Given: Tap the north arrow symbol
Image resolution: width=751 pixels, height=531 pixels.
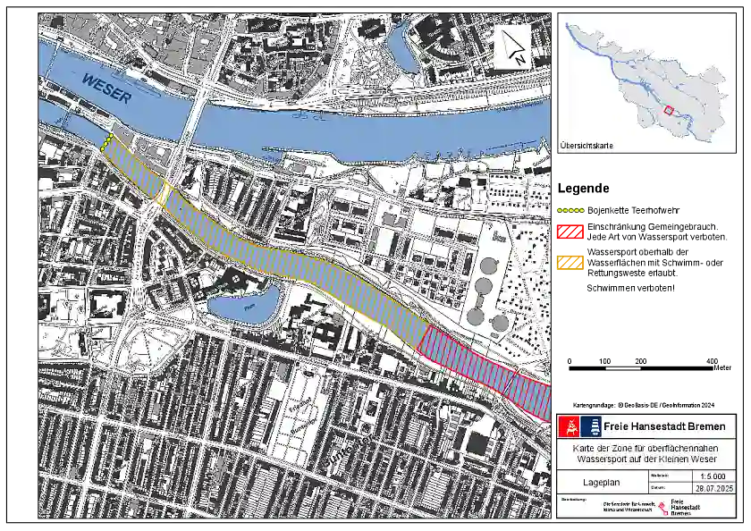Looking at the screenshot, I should [513, 46].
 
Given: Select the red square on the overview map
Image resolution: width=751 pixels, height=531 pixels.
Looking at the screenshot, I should [668, 111].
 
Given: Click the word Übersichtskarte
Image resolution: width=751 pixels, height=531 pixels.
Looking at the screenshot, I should [586, 145].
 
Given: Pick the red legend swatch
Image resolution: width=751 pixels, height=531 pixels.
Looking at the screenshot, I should [570, 232].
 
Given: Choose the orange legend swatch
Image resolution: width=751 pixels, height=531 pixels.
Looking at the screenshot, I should [570, 263].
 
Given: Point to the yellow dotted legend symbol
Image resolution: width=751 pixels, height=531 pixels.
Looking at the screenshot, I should [570, 211].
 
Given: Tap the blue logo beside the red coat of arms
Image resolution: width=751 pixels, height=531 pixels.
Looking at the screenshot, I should [590, 426].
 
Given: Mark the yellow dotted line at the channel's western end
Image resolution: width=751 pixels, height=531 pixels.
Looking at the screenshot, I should [107, 141].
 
